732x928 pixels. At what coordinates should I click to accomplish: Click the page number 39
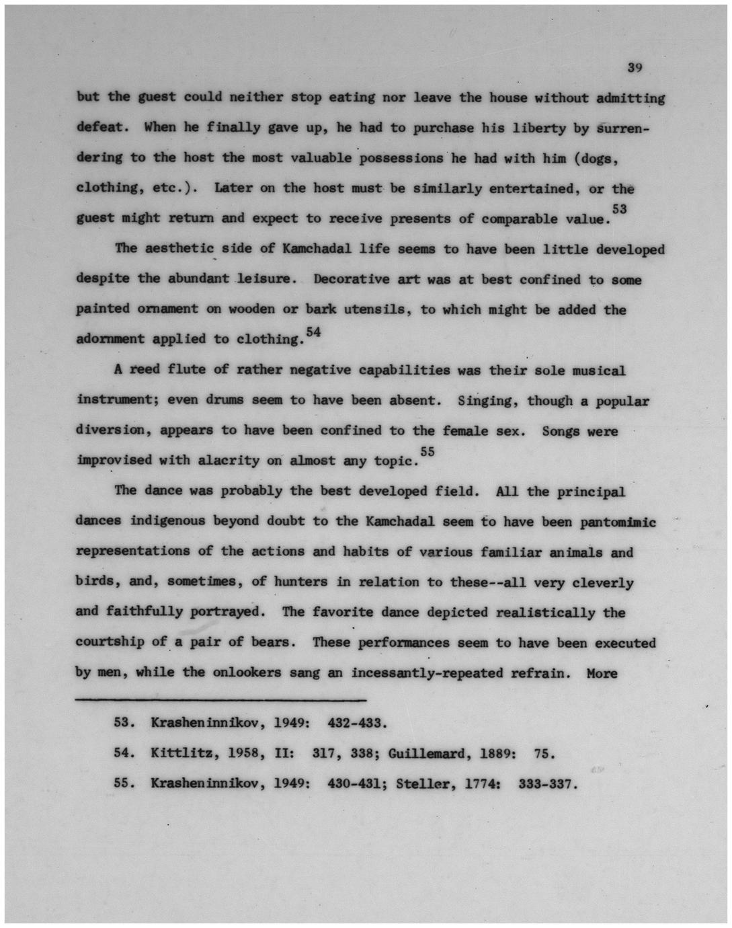point(635,67)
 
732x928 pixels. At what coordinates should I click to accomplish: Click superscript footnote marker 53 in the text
point(619,210)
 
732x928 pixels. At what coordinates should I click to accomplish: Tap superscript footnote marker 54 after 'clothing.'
point(313,331)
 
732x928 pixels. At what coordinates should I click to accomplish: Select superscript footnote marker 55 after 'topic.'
point(427,452)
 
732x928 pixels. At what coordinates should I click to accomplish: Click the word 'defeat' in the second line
point(100,127)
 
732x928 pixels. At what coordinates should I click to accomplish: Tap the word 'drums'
point(225,399)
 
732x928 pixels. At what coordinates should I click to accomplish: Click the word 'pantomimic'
point(618,521)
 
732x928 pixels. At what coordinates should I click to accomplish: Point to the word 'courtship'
point(110,642)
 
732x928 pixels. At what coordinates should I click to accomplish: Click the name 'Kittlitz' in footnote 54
point(178,754)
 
